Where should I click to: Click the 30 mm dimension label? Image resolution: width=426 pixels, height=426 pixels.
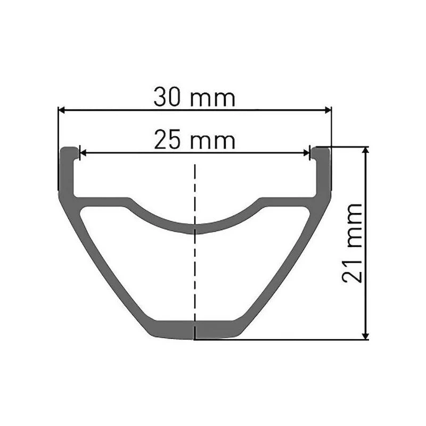(194, 97)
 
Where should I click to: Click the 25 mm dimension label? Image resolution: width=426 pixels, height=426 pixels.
(194, 140)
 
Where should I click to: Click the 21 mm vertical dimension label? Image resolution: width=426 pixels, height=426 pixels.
(352, 243)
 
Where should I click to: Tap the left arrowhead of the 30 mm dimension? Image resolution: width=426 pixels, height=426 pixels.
(62, 110)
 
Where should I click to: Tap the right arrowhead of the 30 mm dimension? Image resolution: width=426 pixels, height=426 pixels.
(328, 110)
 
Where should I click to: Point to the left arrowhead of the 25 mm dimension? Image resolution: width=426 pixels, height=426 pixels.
(83, 153)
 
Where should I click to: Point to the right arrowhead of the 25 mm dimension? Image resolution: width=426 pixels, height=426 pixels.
(307, 153)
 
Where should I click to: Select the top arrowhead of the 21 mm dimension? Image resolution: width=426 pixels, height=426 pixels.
(366, 150)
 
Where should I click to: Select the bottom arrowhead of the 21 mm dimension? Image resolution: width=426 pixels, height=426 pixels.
(366, 336)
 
